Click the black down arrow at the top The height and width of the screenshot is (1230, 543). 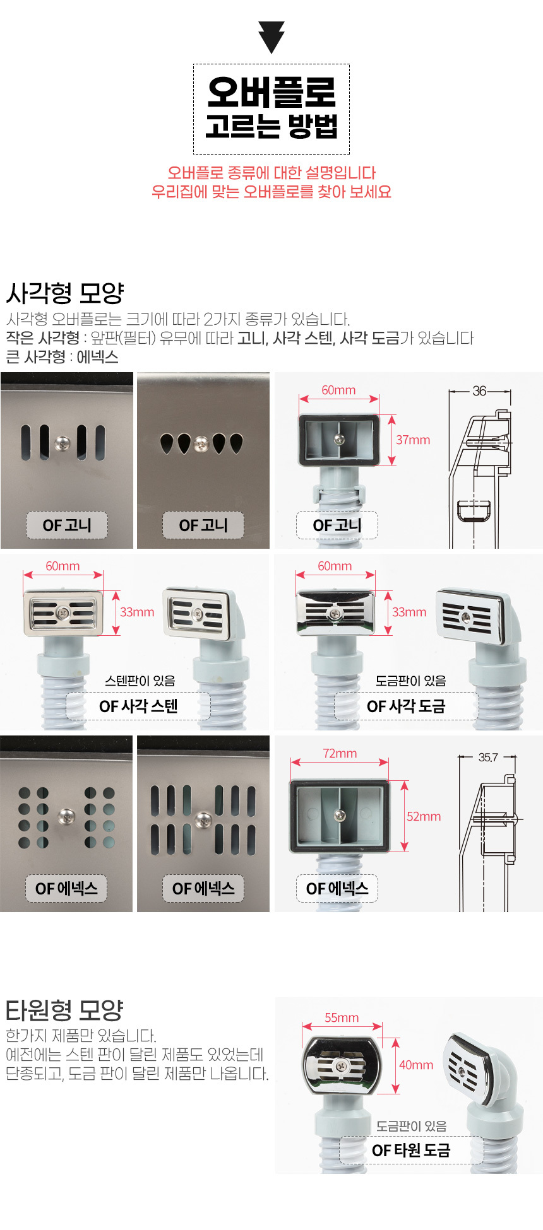click(x=271, y=37)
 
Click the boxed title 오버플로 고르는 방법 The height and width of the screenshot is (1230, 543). click(x=271, y=108)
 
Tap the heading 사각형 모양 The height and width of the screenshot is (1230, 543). click(x=65, y=293)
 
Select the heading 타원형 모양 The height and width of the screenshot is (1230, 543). click(x=64, y=1010)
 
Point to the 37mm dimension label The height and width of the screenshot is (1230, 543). click(x=413, y=440)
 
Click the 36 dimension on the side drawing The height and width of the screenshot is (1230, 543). click(x=480, y=391)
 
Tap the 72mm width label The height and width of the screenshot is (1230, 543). click(x=340, y=753)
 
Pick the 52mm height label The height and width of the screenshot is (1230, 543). click(x=424, y=816)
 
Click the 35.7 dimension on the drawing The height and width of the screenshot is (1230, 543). click(x=488, y=757)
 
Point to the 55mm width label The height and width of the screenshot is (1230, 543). click(x=342, y=1017)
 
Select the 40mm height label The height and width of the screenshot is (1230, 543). click(x=416, y=1065)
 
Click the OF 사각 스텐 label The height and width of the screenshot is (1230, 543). click(x=138, y=706)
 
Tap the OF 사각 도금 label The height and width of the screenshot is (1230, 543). click(x=406, y=706)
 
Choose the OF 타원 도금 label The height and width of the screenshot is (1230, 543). click(x=411, y=1151)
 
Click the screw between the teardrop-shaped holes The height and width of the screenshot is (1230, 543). click(x=201, y=443)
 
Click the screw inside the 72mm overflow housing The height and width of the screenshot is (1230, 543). click(x=340, y=815)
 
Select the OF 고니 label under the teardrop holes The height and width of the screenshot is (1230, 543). click(x=203, y=525)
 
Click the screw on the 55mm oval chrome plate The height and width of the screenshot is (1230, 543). click(x=342, y=1065)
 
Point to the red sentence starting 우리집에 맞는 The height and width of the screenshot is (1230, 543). click(x=271, y=192)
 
